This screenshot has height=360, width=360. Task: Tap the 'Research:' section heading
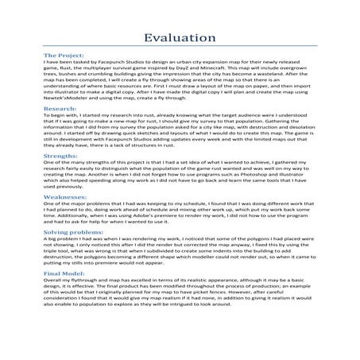(40, 106)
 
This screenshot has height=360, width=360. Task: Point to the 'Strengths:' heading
(41, 157)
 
